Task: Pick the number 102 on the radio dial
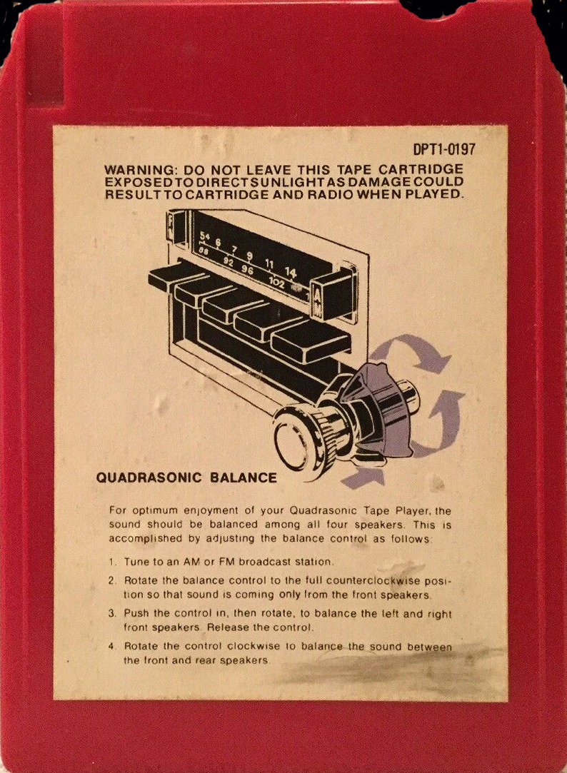point(276,283)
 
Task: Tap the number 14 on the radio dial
point(291,272)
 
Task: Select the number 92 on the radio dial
point(228,262)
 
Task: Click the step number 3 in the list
point(112,614)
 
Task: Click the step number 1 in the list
point(112,562)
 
